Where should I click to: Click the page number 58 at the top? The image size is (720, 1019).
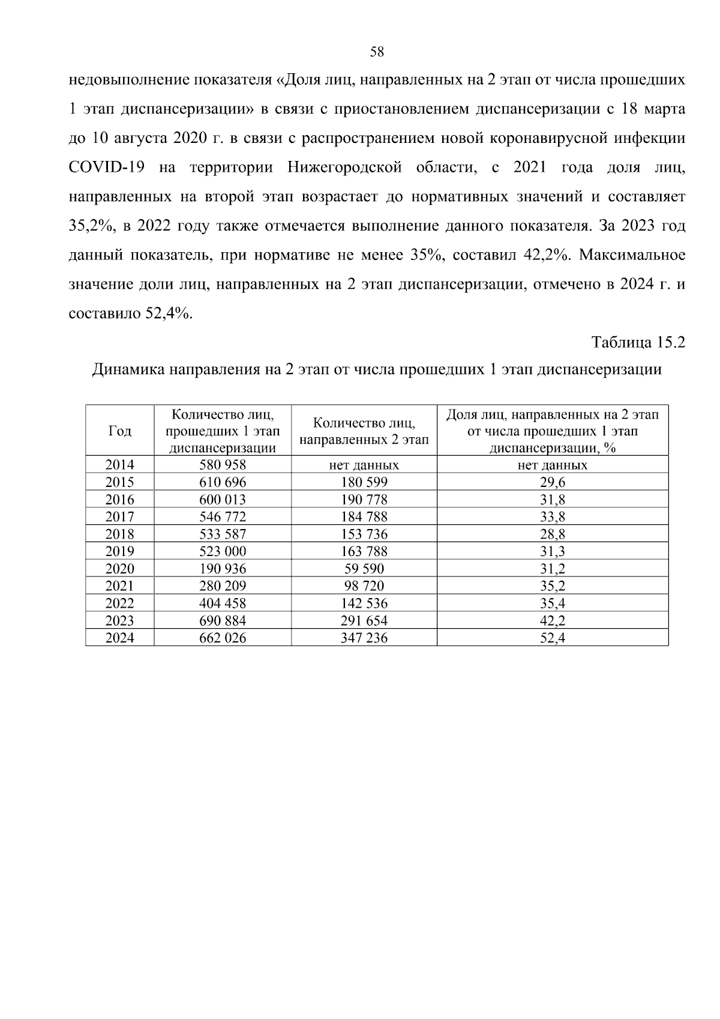pos(377,52)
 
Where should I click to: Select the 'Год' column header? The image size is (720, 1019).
pos(119,431)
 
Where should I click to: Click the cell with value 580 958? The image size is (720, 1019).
pos(223,465)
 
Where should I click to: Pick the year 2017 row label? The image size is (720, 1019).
pos(119,517)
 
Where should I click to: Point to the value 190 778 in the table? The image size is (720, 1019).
pos(364,500)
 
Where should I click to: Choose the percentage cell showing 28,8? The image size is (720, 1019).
pos(552,534)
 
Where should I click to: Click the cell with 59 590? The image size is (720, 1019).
pos(364,569)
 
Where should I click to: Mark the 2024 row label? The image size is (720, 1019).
pos(119,638)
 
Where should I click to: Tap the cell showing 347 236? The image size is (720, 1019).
pos(364,638)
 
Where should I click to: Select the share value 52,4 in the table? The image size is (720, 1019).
pos(552,638)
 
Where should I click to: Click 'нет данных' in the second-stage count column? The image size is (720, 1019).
pos(364,465)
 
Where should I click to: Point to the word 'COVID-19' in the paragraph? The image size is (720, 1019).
pos(106,167)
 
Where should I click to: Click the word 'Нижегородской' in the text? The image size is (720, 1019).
pos(344,167)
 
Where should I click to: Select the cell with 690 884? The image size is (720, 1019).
pos(223,621)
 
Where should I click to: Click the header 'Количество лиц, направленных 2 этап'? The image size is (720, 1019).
pos(364,431)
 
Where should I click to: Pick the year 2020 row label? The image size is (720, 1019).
pos(119,569)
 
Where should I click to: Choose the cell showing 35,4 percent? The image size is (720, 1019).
pos(552,603)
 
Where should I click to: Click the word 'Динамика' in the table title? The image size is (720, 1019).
pos(127,369)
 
